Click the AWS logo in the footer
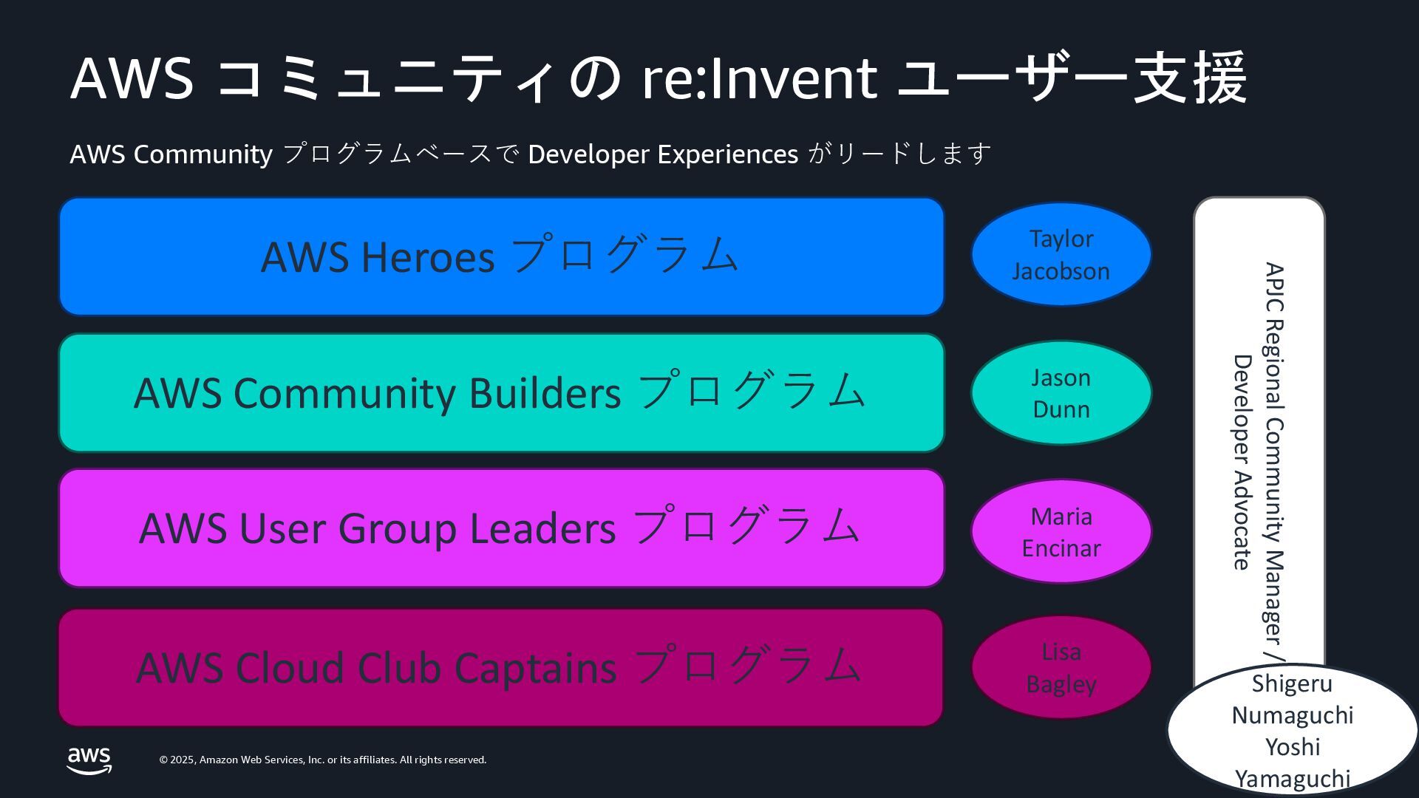(89, 760)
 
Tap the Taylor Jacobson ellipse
(1061, 255)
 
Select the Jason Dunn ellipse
(1061, 393)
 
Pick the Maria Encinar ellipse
(1061, 532)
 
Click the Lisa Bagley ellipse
(1061, 667)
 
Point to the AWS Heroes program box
(501, 256)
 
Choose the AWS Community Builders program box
(501, 392)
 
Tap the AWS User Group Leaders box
(501, 528)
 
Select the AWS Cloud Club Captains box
(501, 667)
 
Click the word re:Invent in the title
(759, 78)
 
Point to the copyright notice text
(323, 760)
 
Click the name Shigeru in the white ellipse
(1292, 683)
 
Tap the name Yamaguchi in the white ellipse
(1292, 779)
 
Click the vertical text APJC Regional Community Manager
(1274, 451)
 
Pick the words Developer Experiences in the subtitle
(663, 154)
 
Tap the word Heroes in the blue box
(428, 257)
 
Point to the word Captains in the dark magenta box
(535, 668)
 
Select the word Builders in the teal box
(545, 393)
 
